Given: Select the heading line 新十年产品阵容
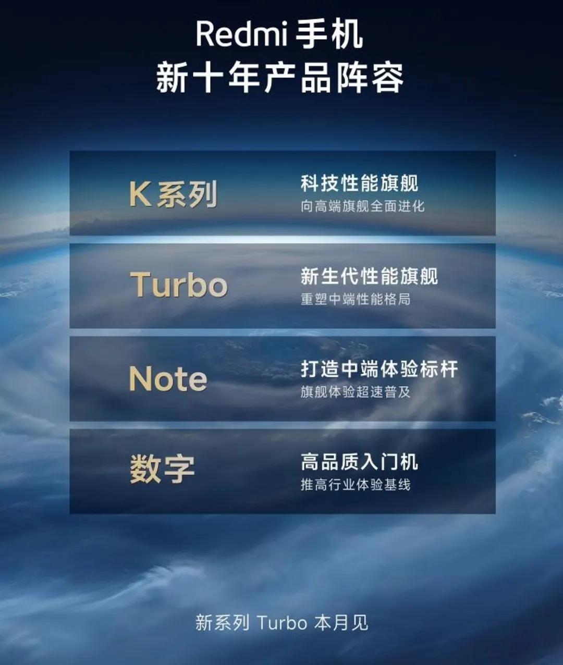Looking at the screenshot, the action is click(280, 78).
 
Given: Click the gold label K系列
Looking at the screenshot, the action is click(173, 194).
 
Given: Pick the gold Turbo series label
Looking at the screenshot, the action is click(179, 285).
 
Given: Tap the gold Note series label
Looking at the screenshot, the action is click(168, 379).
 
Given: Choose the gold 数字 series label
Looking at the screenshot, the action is click(162, 469).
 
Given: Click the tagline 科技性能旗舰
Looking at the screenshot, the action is click(359, 183).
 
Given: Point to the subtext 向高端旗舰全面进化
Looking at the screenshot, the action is click(362, 206).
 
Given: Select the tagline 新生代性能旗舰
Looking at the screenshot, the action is click(369, 276).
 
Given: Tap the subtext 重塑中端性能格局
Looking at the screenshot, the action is click(356, 299).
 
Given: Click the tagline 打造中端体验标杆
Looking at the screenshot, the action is click(379, 368).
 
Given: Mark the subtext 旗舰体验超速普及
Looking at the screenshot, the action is click(356, 391).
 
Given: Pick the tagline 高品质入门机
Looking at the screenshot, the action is click(359, 461).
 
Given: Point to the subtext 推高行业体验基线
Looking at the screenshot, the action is click(356, 485).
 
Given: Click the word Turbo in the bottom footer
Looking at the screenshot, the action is click(283, 623).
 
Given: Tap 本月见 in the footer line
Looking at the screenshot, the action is click(341, 623).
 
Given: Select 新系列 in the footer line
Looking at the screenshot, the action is click(223, 623).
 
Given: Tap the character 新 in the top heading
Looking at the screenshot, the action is click(172, 78).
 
